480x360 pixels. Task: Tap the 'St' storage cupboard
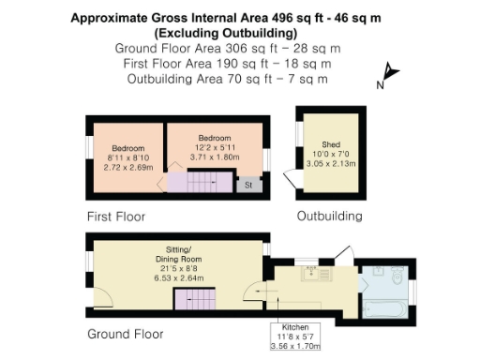pyautogui.click(x=248, y=186)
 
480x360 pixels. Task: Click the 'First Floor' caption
pyautogui.click(x=116, y=217)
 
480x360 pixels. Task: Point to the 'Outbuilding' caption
pyautogui.click(x=329, y=217)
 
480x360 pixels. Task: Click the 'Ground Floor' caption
pyautogui.click(x=125, y=334)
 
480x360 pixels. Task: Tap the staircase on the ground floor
pyautogui.click(x=195, y=300)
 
